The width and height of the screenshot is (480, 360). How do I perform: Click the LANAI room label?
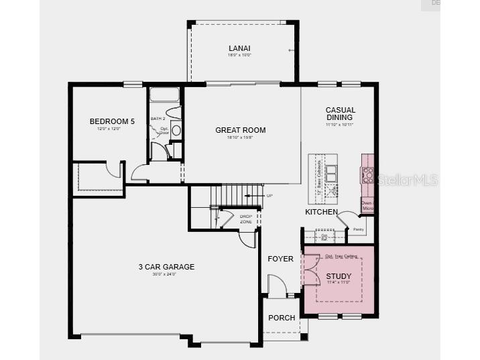(239, 48)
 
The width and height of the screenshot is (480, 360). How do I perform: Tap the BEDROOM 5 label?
(112, 121)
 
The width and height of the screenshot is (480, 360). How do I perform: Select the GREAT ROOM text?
(240, 130)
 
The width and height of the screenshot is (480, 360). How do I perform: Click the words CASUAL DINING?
(340, 114)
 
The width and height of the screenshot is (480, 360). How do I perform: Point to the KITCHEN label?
(321, 212)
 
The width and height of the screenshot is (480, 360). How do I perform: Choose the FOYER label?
(280, 259)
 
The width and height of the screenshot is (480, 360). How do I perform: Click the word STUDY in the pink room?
(339, 276)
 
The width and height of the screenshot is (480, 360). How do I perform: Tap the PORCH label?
(282, 318)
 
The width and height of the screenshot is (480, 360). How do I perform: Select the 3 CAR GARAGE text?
(166, 267)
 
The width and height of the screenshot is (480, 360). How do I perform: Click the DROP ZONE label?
(246, 219)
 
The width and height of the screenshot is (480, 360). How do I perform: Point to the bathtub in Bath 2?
(165, 95)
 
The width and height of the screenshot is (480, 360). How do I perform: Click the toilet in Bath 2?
(174, 113)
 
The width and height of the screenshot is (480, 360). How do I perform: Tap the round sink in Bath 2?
(176, 130)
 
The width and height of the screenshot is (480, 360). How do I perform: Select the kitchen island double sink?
(331, 172)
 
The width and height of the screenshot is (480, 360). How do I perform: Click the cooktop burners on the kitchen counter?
(367, 175)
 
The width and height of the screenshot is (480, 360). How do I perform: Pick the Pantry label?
(358, 229)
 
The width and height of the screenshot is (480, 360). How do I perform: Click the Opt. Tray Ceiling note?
(339, 256)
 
